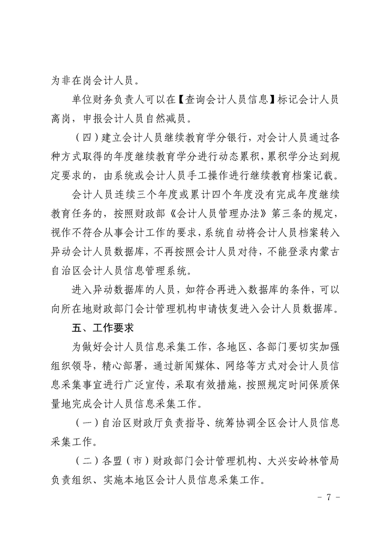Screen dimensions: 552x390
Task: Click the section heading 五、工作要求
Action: tap(100, 326)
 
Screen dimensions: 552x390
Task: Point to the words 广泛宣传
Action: tap(162, 385)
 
